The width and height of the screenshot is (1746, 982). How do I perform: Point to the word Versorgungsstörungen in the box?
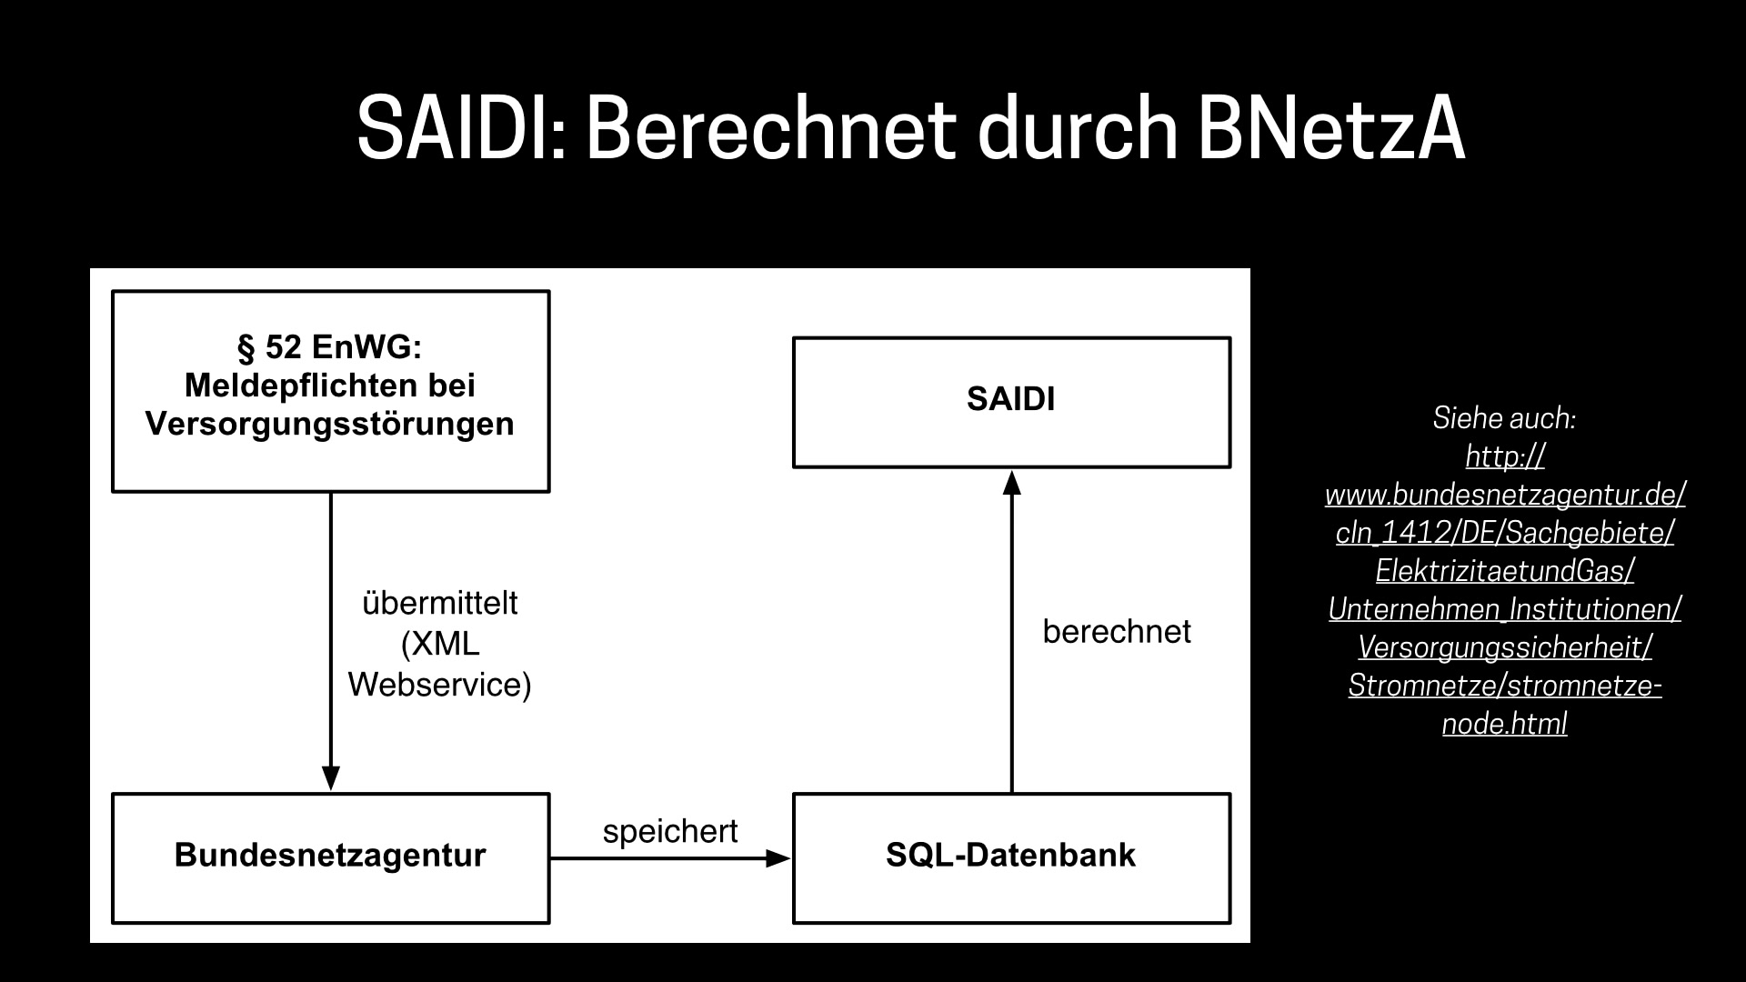point(330,424)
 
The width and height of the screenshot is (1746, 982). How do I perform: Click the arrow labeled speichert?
point(671,857)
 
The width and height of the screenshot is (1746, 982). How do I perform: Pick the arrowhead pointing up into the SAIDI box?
point(1011,481)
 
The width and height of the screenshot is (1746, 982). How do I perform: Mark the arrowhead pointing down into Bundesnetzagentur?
point(331,778)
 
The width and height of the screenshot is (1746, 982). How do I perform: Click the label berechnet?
point(1117,632)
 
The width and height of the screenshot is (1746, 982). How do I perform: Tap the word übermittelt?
point(440,604)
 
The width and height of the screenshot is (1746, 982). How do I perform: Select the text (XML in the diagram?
point(440,644)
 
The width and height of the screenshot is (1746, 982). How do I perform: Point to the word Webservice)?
point(440,685)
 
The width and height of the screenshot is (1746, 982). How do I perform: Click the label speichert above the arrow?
point(670,831)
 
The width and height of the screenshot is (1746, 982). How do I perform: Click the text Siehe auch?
point(1504,418)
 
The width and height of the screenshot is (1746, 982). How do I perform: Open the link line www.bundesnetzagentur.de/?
point(1505,495)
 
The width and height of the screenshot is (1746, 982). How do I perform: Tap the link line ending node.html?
point(1505,724)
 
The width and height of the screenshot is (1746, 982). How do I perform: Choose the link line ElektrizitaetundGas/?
point(1505,571)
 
